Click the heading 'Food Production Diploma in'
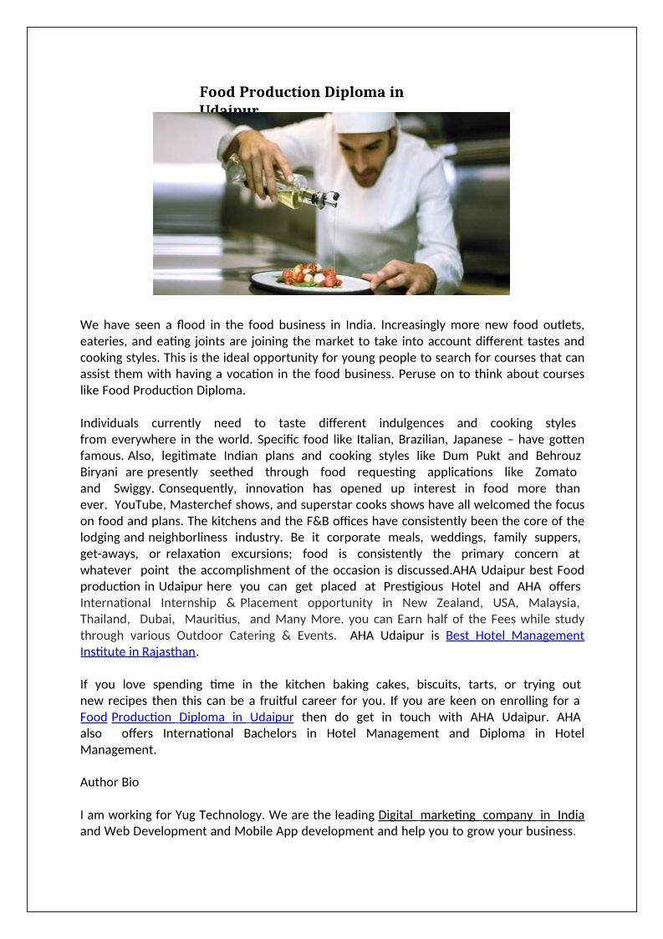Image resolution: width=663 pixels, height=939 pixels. (301, 92)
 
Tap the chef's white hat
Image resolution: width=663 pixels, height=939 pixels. (367, 122)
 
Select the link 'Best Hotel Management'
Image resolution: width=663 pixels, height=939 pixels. (515, 635)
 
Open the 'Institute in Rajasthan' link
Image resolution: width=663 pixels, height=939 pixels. (138, 651)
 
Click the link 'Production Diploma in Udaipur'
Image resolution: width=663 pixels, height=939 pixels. (202, 717)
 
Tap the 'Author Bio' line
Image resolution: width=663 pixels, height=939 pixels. (110, 783)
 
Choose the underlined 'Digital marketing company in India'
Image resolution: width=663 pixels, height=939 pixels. (481, 815)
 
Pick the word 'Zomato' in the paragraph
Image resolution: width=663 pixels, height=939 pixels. (555, 472)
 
